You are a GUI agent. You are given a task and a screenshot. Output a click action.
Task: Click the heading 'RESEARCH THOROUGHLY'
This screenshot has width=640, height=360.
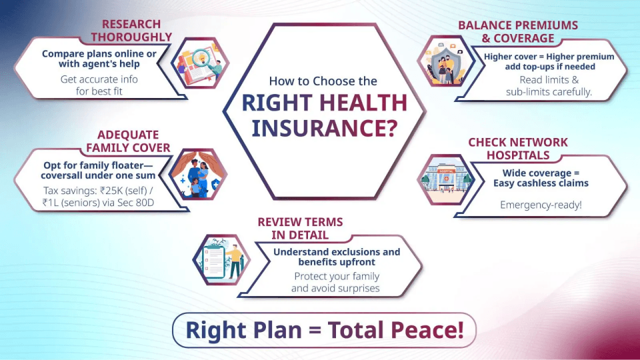131,31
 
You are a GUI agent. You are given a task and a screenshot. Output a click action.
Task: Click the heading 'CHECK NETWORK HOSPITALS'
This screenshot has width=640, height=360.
518,148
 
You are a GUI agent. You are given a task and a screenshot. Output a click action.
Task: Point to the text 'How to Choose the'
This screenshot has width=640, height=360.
323,81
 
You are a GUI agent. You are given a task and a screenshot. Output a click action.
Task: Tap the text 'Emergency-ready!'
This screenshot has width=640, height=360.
541,205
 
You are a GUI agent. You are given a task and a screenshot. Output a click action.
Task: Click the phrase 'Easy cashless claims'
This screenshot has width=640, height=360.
541,183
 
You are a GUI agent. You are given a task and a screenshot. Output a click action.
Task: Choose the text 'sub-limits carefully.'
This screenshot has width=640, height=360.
549,91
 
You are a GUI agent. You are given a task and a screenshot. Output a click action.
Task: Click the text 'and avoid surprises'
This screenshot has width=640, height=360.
335,288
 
